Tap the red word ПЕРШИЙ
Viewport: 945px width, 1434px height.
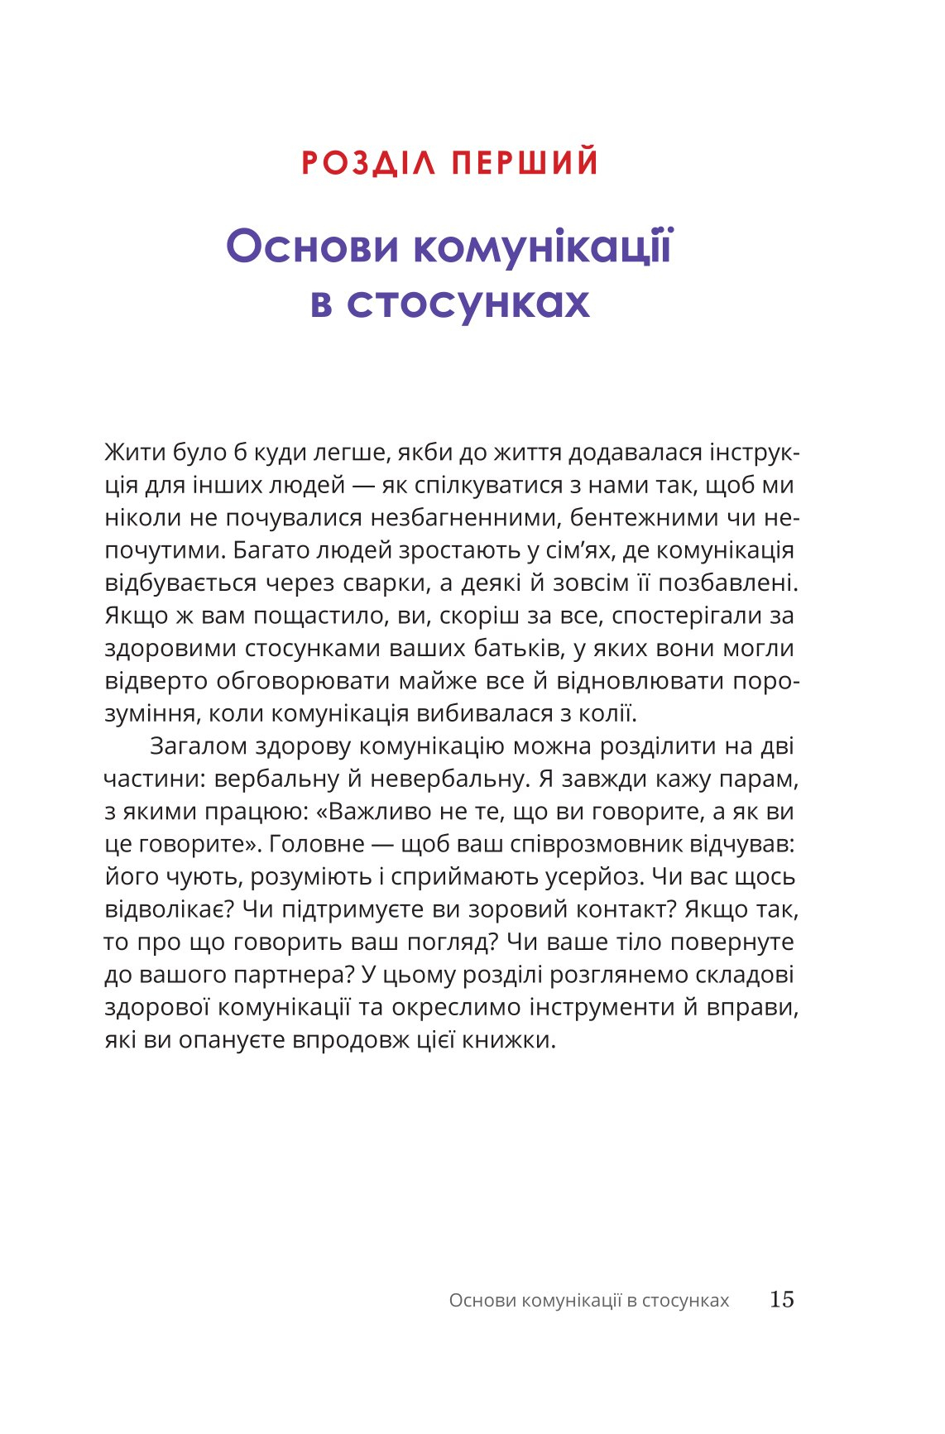[525, 162]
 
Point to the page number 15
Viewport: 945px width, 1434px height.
[781, 1299]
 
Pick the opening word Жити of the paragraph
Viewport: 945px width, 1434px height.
[132, 453]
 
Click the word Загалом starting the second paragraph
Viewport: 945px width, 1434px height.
[199, 746]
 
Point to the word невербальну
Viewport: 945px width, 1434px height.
[449, 779]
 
